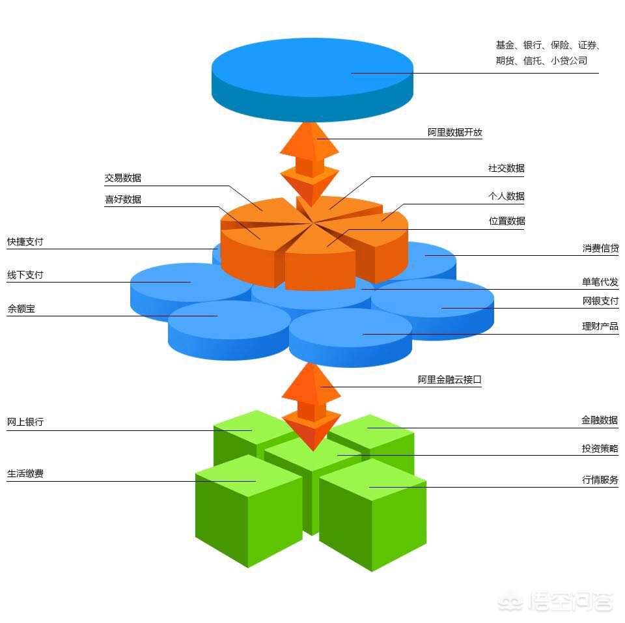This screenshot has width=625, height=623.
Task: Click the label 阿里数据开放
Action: click(x=455, y=132)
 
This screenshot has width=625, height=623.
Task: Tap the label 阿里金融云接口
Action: click(x=449, y=380)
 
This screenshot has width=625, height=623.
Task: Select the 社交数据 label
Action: click(x=506, y=168)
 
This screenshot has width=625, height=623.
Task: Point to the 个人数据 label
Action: click(x=506, y=196)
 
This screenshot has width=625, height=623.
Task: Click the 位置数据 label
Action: click(x=507, y=221)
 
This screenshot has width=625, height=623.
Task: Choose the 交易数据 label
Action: click(x=123, y=178)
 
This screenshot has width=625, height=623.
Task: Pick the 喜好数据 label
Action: click(x=123, y=200)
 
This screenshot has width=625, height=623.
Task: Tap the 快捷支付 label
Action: click(x=25, y=242)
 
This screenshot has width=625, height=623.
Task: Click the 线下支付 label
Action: click(x=25, y=275)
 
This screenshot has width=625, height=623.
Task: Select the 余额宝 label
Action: click(x=21, y=309)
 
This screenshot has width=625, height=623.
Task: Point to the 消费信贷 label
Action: click(x=600, y=248)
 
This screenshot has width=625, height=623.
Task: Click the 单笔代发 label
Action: click(x=600, y=282)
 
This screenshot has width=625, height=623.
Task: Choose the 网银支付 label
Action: click(x=600, y=301)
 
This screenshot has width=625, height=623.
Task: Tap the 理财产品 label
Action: click(x=600, y=326)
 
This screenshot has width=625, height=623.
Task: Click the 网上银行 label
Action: click(x=25, y=422)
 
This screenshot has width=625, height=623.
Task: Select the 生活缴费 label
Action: click(x=25, y=474)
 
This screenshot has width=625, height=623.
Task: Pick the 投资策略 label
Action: click(x=600, y=449)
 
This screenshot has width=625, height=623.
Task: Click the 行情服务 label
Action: click(x=600, y=480)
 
